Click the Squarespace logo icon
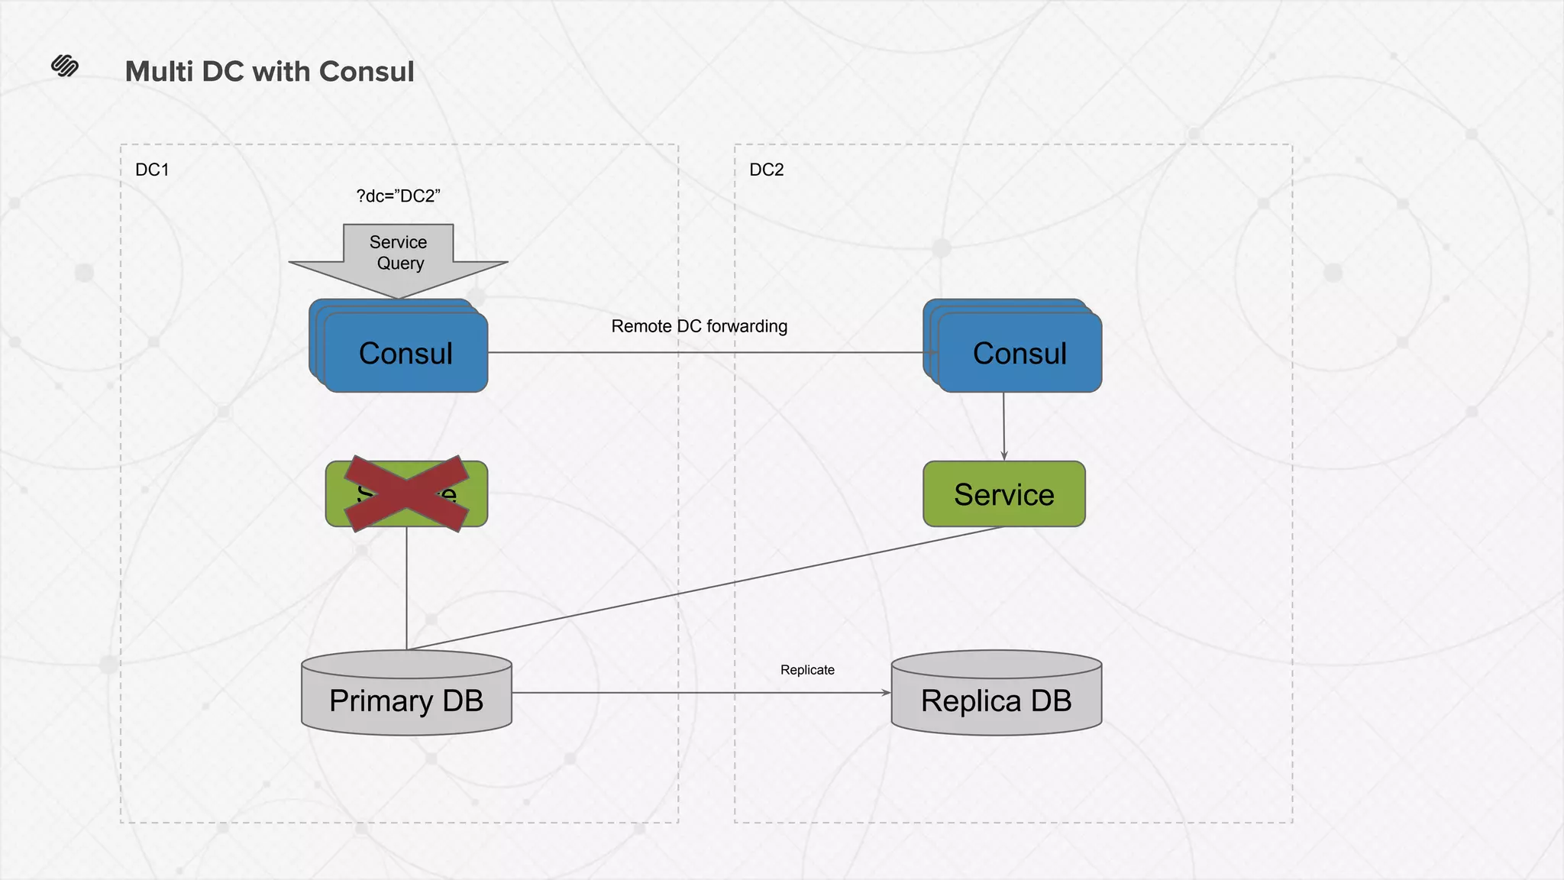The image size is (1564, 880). [65, 66]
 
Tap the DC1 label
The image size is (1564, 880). [152, 170]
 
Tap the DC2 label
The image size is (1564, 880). [766, 170]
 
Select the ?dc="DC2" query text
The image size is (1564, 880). [398, 196]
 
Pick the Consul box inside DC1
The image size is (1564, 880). [406, 353]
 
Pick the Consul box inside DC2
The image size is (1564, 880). [1020, 353]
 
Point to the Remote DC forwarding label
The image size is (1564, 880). [699, 326]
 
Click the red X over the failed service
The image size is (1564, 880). [406, 493]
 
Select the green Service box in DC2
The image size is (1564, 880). [1003, 494]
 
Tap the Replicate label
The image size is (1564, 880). [807, 670]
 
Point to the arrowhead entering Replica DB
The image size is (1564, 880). [886, 693]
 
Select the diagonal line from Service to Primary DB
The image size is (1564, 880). [703, 588]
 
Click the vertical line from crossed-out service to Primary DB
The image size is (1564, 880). [406, 588]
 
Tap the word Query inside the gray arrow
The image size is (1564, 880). [400, 264]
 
